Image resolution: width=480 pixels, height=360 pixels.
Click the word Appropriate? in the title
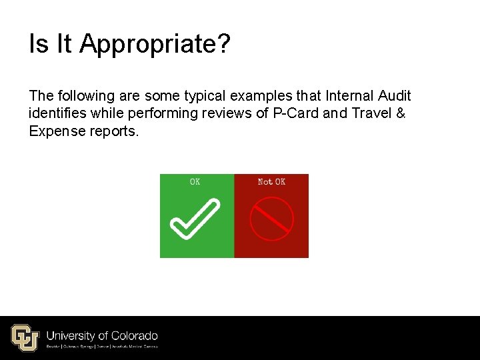click(155, 45)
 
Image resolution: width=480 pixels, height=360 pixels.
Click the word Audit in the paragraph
click(394, 96)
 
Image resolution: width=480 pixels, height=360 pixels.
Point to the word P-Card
click(296, 113)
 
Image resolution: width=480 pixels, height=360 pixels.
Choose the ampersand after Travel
click(400, 113)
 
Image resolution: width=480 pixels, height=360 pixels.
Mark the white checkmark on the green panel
click(195, 219)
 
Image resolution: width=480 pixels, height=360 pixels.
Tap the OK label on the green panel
click(195, 181)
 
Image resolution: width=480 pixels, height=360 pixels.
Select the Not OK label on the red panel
click(271, 181)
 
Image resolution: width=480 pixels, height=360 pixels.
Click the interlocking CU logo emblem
click(25, 337)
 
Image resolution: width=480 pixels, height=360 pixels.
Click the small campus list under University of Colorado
click(102, 346)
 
